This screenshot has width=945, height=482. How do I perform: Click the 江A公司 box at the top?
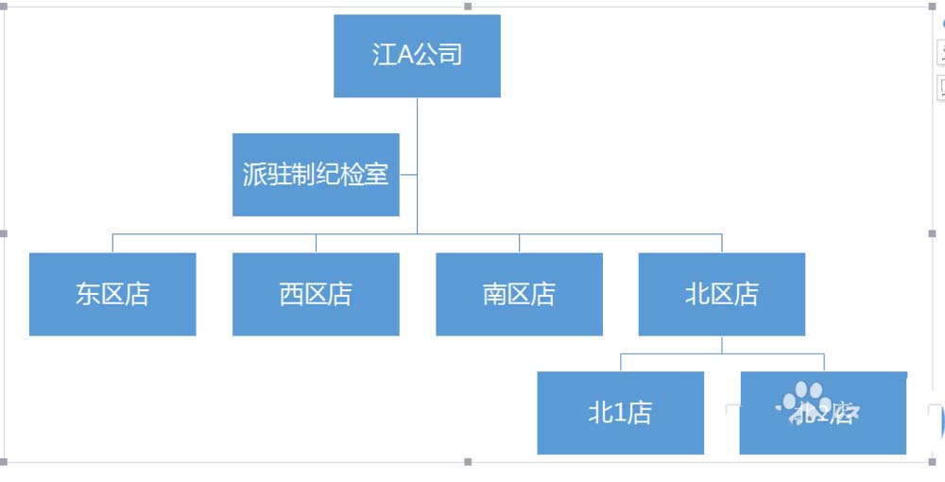[x=417, y=56]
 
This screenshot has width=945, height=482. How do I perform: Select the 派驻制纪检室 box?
[x=316, y=175]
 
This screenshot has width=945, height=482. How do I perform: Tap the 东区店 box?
[x=112, y=294]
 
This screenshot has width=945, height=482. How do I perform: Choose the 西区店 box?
[x=316, y=294]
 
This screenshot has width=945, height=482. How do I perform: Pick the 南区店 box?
[x=519, y=294]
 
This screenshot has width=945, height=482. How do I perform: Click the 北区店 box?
[x=722, y=294]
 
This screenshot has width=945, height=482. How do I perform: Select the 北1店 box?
[x=620, y=413]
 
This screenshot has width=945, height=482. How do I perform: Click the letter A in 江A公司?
[x=404, y=55]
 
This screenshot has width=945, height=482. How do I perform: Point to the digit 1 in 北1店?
[x=619, y=413]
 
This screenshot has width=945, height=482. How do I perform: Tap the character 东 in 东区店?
[x=88, y=294]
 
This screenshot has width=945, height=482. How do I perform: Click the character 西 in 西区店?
[x=291, y=294]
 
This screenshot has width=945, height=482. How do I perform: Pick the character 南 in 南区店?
[x=494, y=294]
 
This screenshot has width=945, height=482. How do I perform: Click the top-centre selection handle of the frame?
[x=468, y=7]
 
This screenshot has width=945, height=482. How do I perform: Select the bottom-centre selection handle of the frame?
[x=468, y=462]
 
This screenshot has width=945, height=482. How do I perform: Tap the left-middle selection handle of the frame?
[x=5, y=233]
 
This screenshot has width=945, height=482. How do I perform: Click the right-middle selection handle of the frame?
[x=931, y=233]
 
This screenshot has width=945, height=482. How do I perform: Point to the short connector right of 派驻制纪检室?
[x=408, y=175]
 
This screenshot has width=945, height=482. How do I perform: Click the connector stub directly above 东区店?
[x=112, y=243]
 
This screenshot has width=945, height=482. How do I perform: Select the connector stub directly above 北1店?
[x=620, y=362]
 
